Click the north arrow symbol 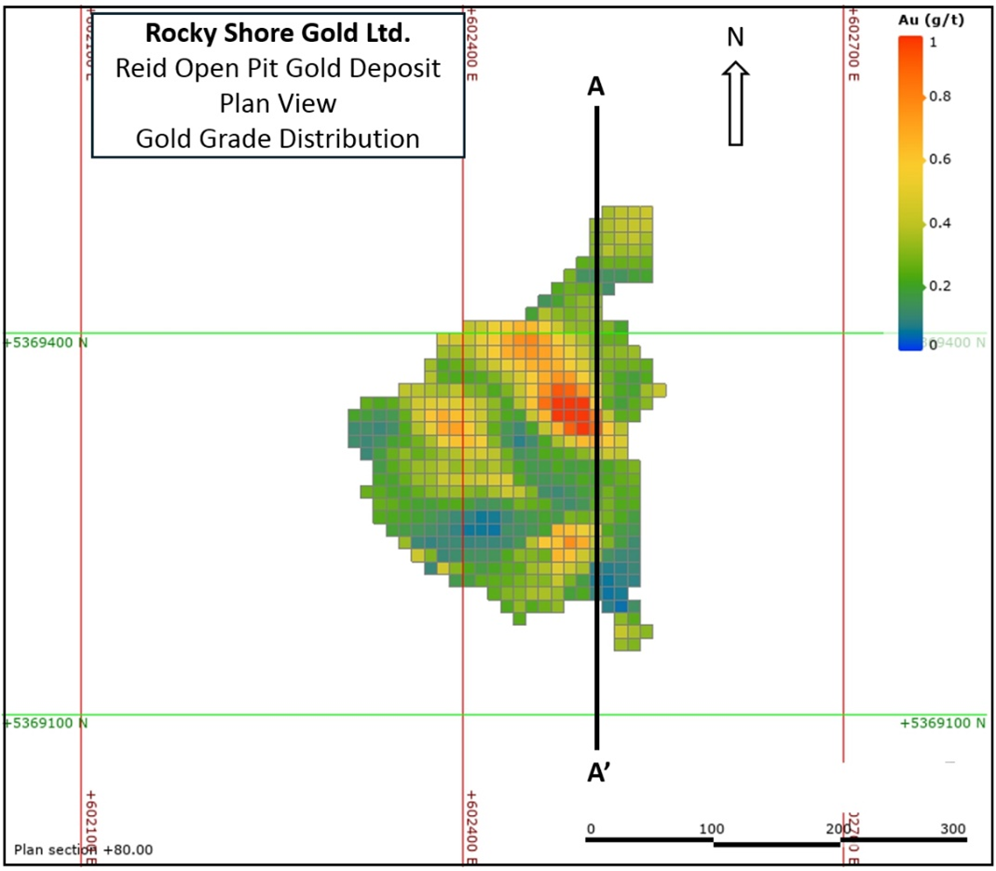(735, 103)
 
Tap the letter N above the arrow (735, 37)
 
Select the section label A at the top (595, 87)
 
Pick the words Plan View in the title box (278, 102)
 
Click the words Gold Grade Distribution (278, 138)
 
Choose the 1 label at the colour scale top (934, 42)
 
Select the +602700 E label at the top (853, 44)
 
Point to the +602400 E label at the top (472, 44)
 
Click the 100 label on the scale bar (712, 829)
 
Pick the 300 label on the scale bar (952, 829)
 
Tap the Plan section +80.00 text (83, 850)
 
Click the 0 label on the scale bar (591, 829)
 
